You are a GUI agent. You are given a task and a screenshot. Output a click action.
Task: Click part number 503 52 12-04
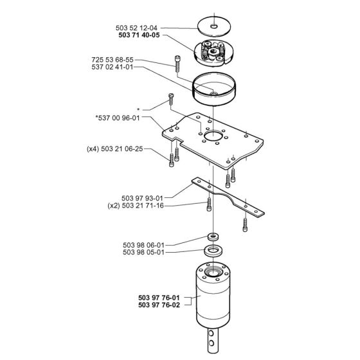136,28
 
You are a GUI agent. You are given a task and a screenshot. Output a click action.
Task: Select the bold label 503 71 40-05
139,35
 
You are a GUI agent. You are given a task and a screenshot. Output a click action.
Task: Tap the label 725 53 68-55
113,60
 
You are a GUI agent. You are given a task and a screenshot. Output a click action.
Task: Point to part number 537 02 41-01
113,67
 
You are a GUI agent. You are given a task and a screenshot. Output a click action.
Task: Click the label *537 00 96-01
118,118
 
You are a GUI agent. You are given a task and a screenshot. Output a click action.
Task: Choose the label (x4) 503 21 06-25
115,148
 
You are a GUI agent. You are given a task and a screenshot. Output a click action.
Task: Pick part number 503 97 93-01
142,198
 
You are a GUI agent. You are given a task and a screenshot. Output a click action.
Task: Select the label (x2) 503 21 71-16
136,206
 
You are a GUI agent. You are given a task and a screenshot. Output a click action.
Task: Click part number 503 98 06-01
143,245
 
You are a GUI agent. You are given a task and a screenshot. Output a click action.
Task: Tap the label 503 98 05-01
143,252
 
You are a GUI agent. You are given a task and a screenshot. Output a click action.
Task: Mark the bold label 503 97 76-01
159,298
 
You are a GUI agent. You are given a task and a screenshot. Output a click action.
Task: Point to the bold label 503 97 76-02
159,305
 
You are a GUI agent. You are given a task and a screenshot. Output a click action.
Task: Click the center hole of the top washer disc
214,26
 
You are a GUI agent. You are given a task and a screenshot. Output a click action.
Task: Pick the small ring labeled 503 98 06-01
213,237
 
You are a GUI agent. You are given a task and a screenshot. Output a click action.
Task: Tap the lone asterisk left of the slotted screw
138,109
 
